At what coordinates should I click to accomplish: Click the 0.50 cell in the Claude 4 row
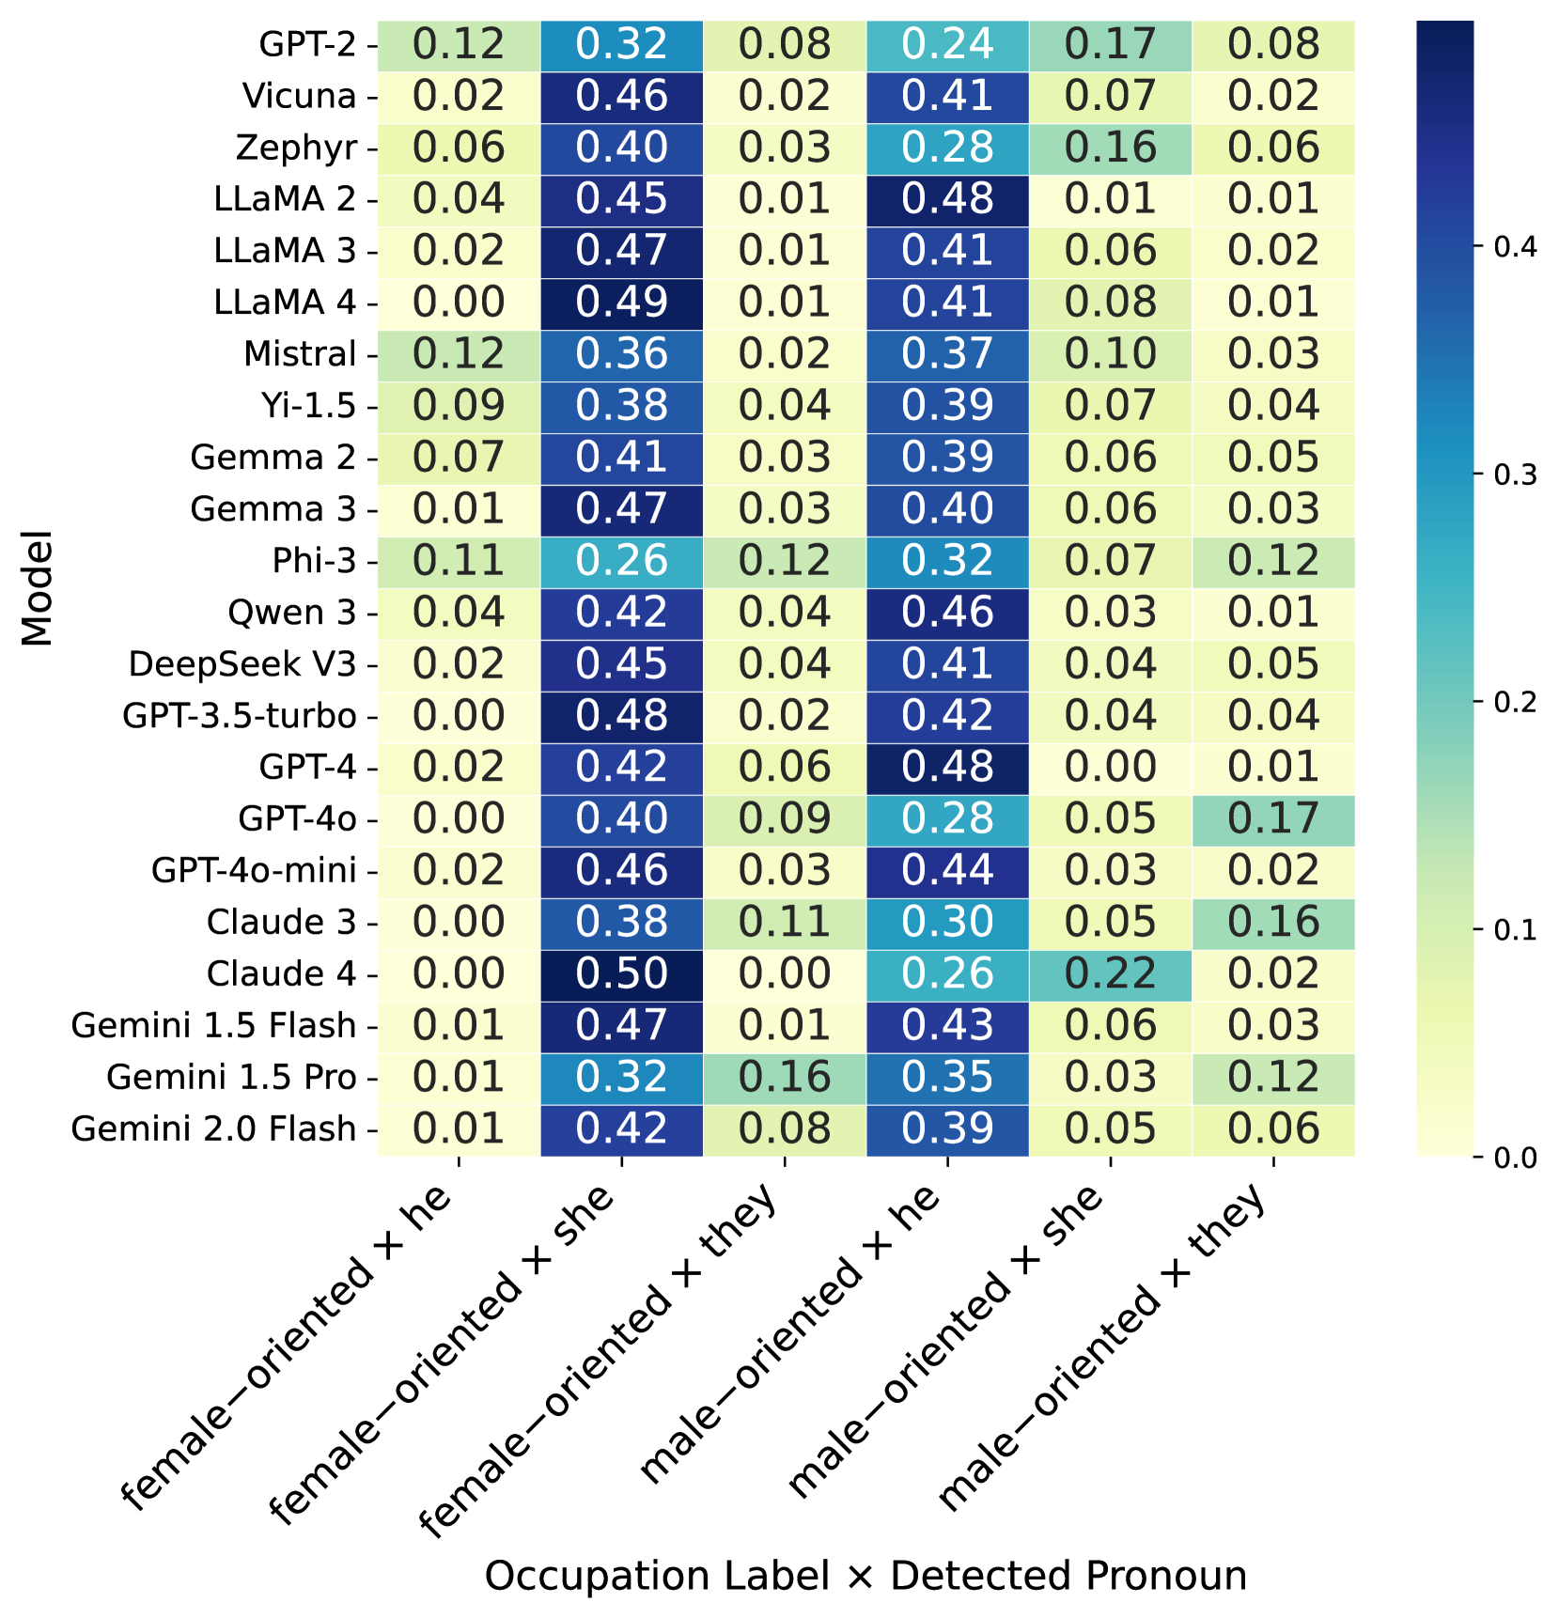coord(621,973)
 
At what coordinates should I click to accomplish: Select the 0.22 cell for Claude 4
coord(1110,973)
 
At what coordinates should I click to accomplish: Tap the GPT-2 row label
coord(307,44)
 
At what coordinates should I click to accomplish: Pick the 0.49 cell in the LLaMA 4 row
coord(621,303)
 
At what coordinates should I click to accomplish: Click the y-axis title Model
coord(38,589)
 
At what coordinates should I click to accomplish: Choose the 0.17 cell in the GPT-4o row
coord(1273,818)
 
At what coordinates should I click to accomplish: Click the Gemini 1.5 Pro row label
coord(231,1077)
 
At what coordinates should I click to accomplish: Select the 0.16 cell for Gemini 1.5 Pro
coord(785,1077)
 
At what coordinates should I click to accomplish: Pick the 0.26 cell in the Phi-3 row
coord(621,561)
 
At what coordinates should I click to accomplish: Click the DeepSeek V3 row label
coord(242,664)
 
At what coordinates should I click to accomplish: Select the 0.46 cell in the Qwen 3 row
coord(947,613)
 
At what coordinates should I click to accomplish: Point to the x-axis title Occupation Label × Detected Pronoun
coord(865,1576)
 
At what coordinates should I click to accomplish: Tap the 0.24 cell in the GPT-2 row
coord(947,44)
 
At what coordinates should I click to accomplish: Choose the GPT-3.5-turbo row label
coord(240,716)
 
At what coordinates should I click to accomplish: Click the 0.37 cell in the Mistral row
coord(947,354)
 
